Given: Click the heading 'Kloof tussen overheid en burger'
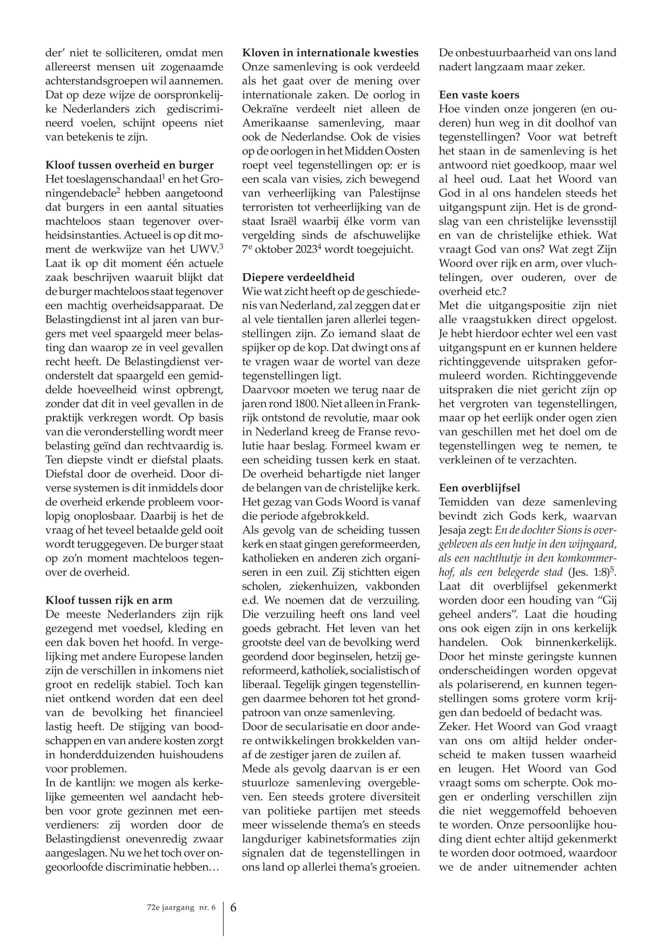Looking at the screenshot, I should tap(129, 165).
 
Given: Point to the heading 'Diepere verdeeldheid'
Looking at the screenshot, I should tap(298, 277).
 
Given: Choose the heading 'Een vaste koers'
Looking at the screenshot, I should tap(479, 95).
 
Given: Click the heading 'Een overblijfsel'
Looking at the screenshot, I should tap(480, 488).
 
